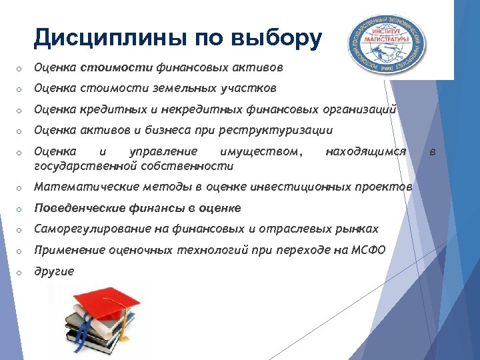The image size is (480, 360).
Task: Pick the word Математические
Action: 79,186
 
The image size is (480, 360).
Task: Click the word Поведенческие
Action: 75,207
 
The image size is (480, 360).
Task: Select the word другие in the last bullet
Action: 54,271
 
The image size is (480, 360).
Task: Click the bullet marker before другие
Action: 21,272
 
